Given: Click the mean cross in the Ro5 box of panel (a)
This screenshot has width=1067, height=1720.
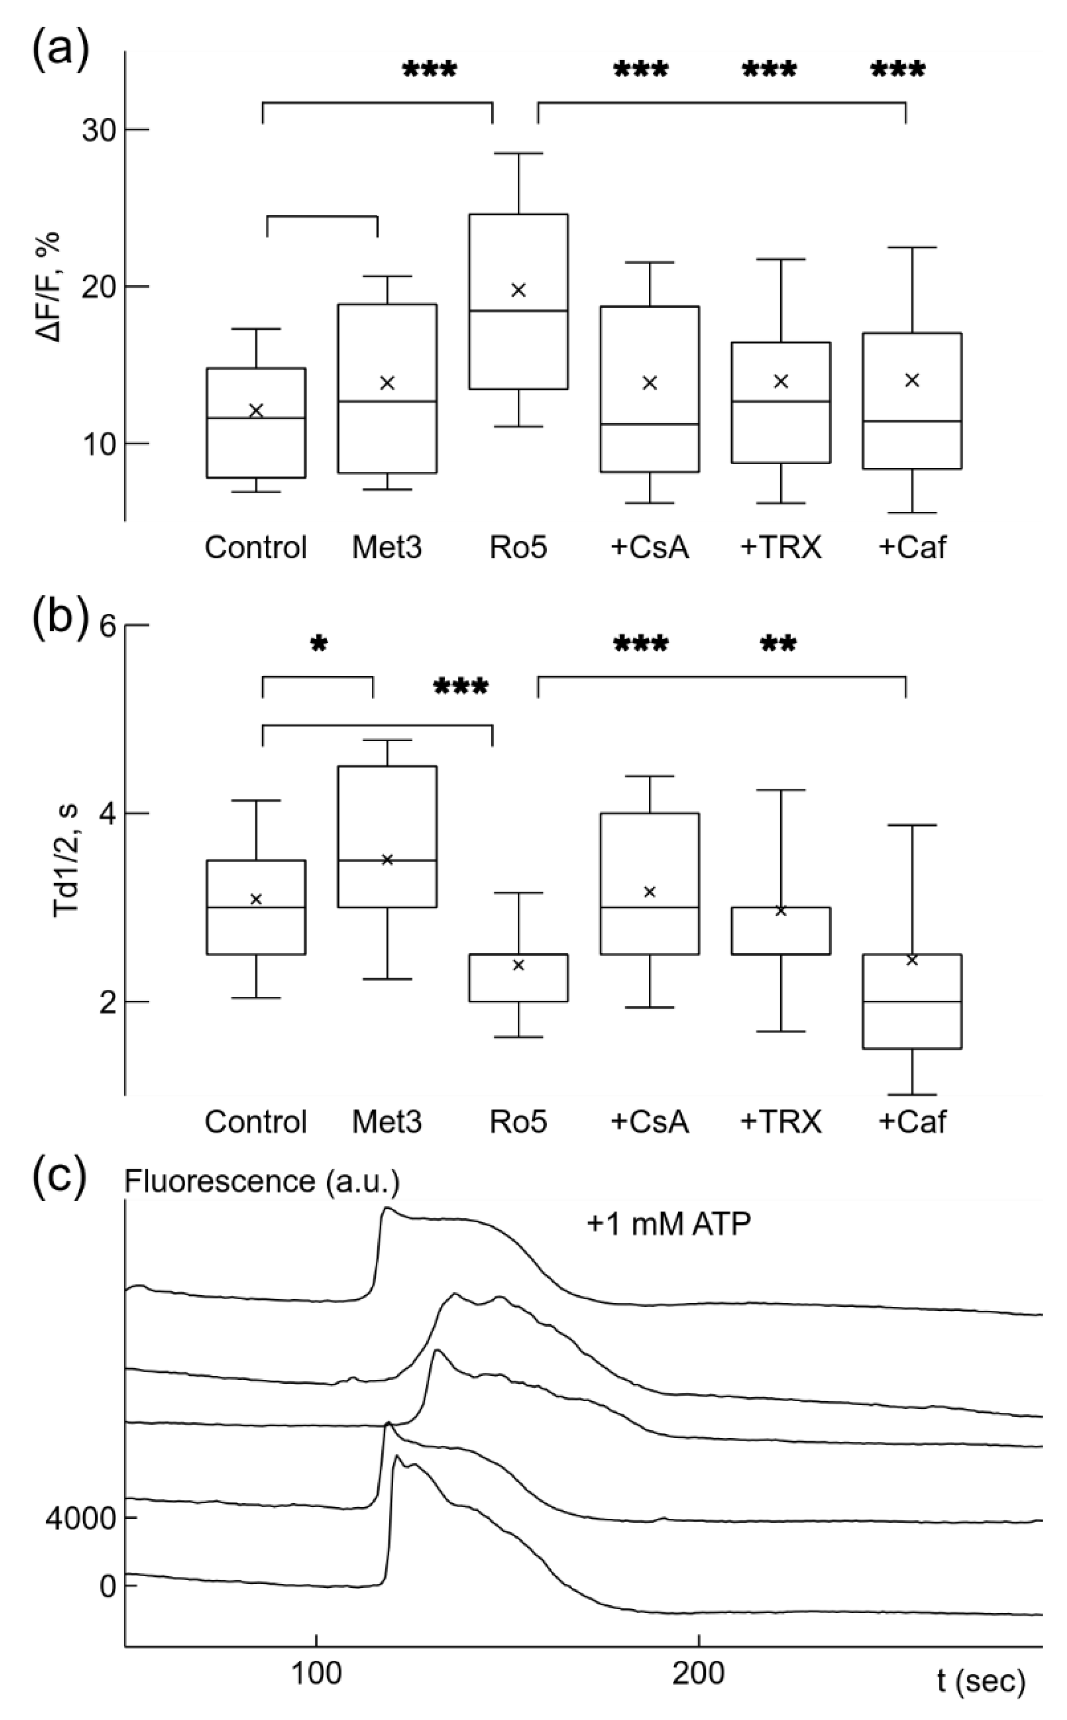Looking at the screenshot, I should point(519,290).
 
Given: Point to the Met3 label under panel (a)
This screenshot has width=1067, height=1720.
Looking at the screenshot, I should point(387,547).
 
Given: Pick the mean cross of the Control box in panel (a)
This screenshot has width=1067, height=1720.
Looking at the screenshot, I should point(256,411).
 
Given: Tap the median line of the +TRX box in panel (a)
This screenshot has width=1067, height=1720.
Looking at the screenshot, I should point(781,401).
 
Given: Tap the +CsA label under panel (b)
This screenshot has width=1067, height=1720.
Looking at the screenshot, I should point(649,1122).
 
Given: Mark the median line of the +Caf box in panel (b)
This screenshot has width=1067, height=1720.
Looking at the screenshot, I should point(912,1001).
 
